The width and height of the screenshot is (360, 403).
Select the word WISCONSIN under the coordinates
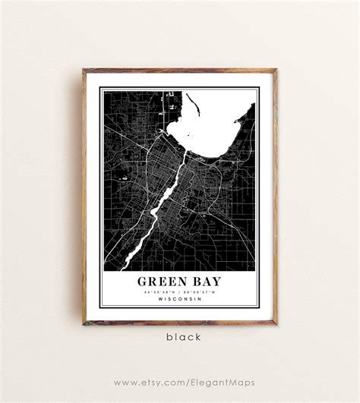[179, 298]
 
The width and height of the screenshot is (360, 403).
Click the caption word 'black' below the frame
[180, 337]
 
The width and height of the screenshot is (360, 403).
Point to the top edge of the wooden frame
[180, 71]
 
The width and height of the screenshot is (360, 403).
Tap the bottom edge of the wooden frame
[180, 323]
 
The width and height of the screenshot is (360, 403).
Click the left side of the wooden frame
[84, 197]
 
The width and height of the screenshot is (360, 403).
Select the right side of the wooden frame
[275, 197]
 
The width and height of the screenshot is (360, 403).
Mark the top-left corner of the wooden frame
[84, 71]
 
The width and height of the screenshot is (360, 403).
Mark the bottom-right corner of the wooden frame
[275, 323]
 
